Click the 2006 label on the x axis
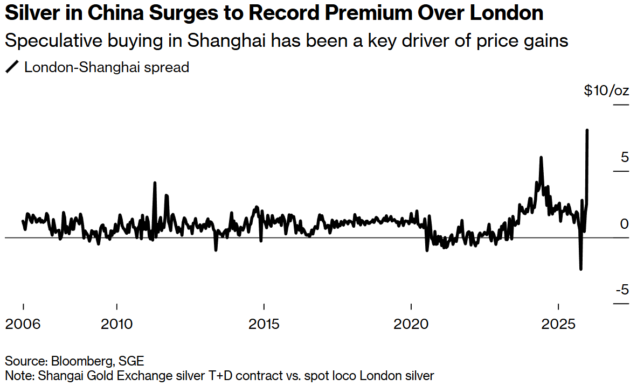coord(23,325)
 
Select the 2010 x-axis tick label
coord(116,325)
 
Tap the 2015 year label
coord(264,325)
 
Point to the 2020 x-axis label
coord(411,325)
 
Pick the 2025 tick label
coord(559,325)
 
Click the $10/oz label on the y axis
coord(606,90)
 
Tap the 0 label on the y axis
coord(624,224)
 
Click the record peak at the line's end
coord(586,130)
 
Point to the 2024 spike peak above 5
coord(541,157)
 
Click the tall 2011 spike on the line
coord(155,183)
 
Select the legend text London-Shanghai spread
coord(107,67)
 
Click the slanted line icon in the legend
coord(11,67)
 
